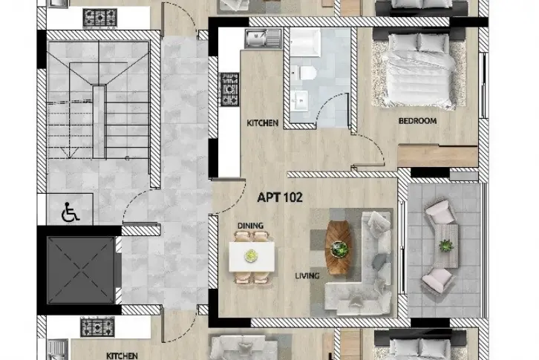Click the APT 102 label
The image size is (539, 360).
[280, 197]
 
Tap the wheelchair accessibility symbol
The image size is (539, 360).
[70, 212]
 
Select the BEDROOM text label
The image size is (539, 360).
[417, 121]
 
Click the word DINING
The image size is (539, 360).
[250, 226]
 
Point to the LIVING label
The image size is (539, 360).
[307, 276]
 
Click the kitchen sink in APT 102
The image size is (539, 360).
[264, 39]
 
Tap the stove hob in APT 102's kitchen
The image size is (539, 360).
[229, 89]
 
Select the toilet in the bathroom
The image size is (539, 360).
[307, 73]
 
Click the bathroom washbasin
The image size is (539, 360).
[299, 100]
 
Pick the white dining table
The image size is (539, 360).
[252, 257]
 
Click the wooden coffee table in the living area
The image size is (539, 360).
[339, 247]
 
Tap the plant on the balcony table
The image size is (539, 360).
[446, 246]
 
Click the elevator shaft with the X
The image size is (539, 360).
[81, 270]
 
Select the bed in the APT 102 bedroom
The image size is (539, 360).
[419, 72]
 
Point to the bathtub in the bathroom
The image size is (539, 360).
[305, 42]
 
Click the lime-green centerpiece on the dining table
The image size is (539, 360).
[251, 256]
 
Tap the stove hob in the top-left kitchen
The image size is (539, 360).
[99, 18]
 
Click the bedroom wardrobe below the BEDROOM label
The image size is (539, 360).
[437, 157]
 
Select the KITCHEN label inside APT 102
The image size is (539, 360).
[263, 123]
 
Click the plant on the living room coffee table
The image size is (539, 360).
[339, 249]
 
